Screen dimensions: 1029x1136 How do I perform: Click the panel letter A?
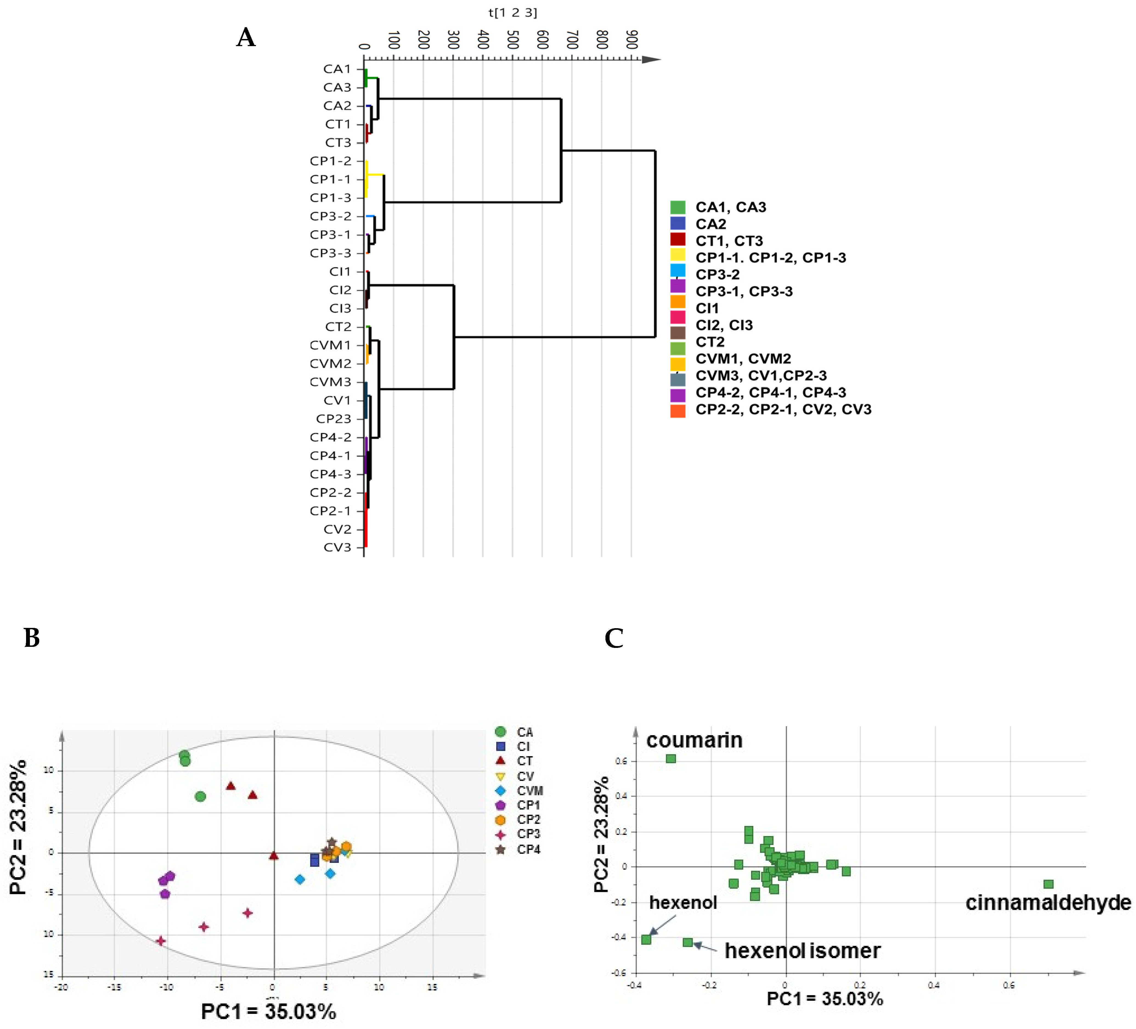246,38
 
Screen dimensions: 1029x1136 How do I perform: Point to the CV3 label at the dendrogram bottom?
337,547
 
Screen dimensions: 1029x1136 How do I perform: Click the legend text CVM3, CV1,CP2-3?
761,376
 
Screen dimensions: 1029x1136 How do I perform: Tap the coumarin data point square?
670,759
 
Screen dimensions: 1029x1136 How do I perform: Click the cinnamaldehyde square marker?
1048,884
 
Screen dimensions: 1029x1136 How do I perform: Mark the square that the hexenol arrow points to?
646,939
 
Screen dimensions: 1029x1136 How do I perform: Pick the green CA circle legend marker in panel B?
500,732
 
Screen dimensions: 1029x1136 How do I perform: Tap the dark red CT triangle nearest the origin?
274,856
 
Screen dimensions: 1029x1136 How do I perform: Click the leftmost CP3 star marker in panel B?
161,941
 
